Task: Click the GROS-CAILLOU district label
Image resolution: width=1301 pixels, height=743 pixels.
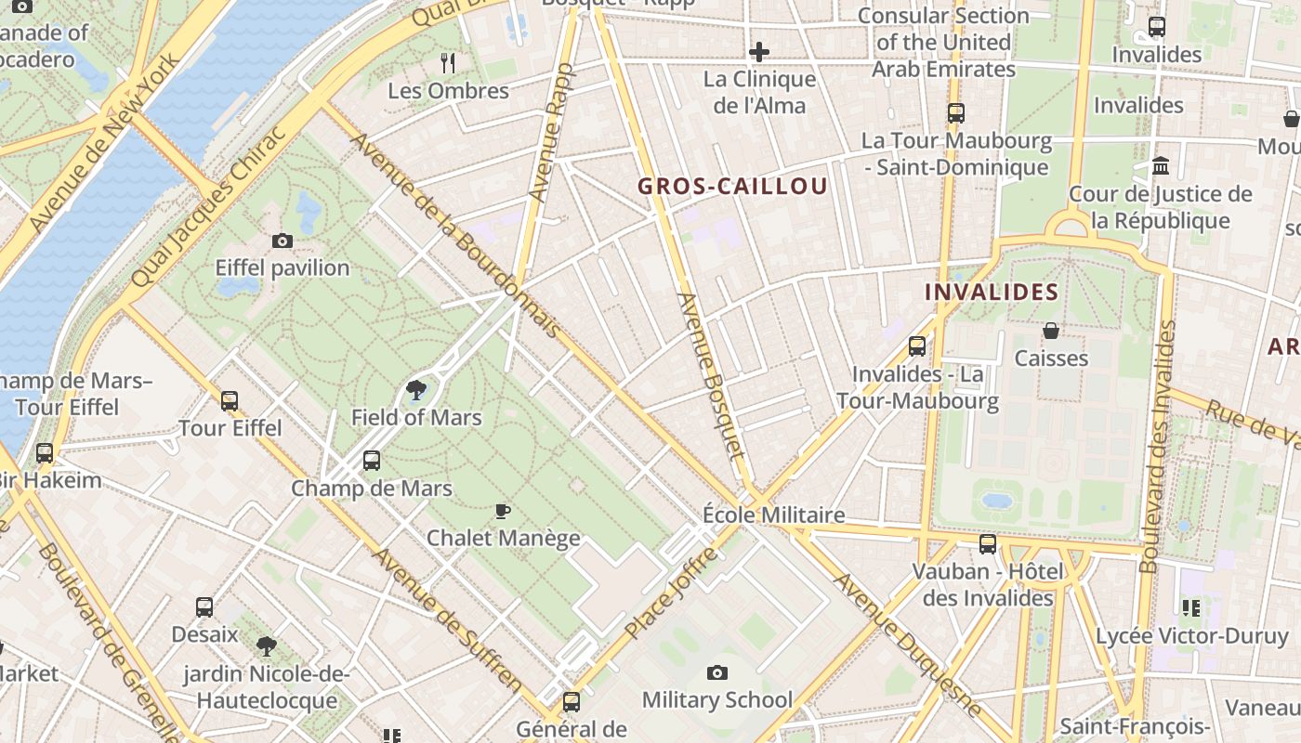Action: (732, 186)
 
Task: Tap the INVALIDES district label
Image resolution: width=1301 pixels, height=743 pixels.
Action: (991, 292)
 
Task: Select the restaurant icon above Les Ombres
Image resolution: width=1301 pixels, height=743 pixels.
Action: (448, 63)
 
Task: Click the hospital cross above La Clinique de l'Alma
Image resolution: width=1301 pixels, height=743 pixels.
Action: (759, 52)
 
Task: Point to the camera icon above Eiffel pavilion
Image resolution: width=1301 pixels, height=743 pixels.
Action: (283, 241)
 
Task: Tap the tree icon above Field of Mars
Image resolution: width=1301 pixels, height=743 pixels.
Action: (416, 390)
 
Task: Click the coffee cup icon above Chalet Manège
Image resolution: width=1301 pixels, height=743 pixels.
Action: (503, 511)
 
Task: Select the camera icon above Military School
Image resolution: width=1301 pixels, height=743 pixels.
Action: (717, 672)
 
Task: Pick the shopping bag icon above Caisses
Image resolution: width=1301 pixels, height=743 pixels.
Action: (1051, 331)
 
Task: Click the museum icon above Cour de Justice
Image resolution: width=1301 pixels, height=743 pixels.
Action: (1161, 166)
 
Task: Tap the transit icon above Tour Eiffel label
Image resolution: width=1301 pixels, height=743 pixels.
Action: (230, 401)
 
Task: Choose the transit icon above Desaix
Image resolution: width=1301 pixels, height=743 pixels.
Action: (204, 607)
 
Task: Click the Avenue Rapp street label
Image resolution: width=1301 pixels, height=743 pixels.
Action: (551, 132)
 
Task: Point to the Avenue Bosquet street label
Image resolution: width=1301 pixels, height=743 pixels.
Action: (712, 376)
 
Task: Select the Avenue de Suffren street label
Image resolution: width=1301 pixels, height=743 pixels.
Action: (448, 619)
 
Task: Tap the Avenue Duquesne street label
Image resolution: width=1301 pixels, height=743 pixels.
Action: (906, 644)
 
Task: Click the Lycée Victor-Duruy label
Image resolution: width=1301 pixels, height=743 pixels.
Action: (1191, 636)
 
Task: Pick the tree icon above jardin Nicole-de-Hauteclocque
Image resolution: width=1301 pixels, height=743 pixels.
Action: (267, 645)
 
